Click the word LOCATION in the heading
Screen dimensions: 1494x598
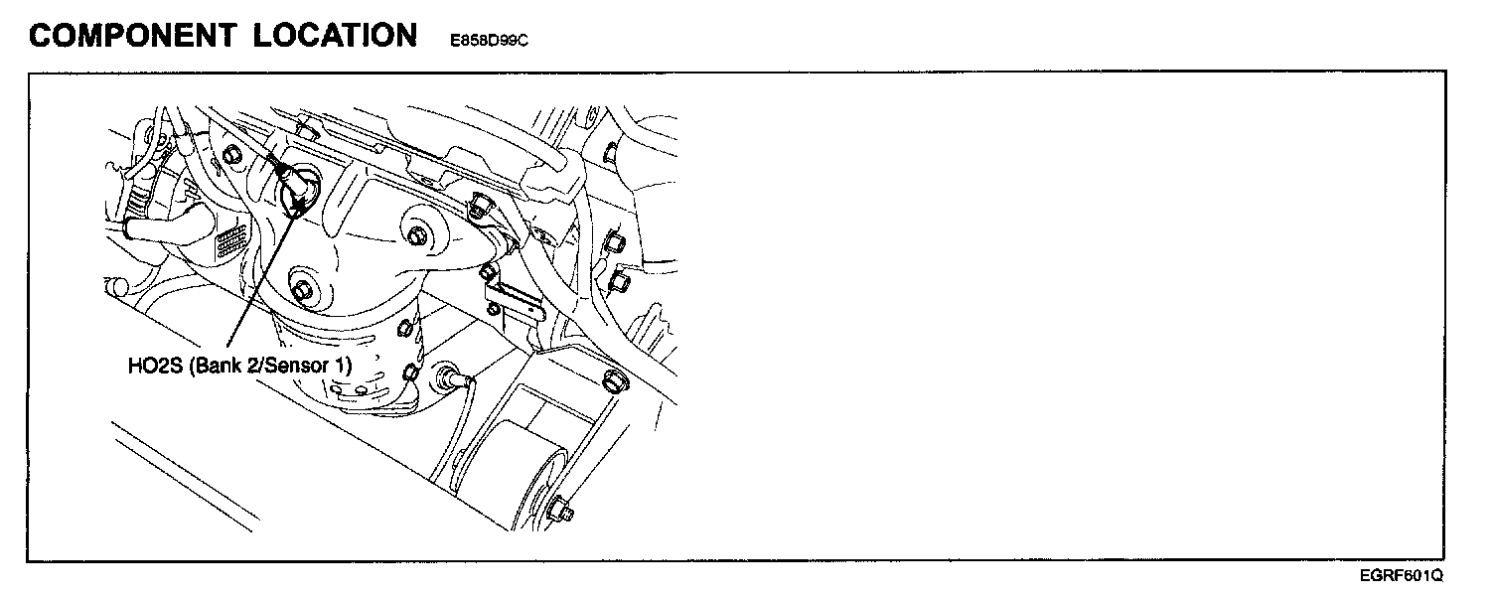pyautogui.click(x=334, y=36)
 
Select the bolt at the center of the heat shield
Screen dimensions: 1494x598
pyautogui.click(x=417, y=236)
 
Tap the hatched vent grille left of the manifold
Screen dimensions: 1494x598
pyautogui.click(x=230, y=241)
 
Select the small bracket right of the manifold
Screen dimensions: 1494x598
pyautogui.click(x=517, y=298)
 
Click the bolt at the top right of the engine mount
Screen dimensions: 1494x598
pyautogui.click(x=613, y=380)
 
